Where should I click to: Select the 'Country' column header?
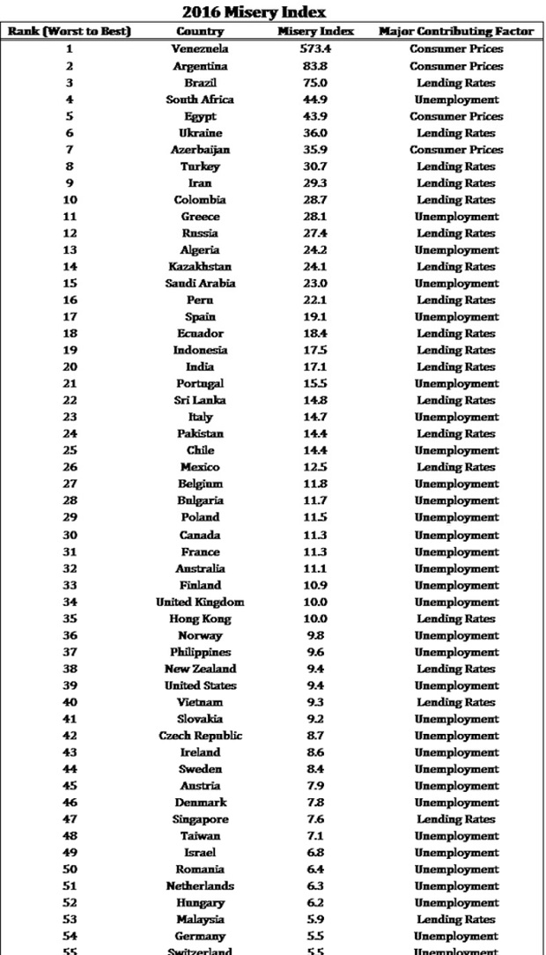click(200, 32)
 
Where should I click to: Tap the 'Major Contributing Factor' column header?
click(456, 32)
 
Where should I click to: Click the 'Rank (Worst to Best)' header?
click(70, 32)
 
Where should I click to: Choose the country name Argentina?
click(200, 66)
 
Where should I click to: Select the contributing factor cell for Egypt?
click(456, 116)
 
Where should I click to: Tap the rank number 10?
click(70, 200)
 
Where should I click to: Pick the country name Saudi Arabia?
click(200, 284)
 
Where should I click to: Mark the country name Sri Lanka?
click(200, 401)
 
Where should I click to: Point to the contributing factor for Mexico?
click(456, 467)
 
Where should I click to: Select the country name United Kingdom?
click(200, 602)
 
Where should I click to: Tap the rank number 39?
click(70, 685)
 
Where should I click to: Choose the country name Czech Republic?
click(200, 736)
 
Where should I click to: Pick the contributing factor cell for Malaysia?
click(456, 920)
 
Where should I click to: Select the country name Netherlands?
click(200, 886)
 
